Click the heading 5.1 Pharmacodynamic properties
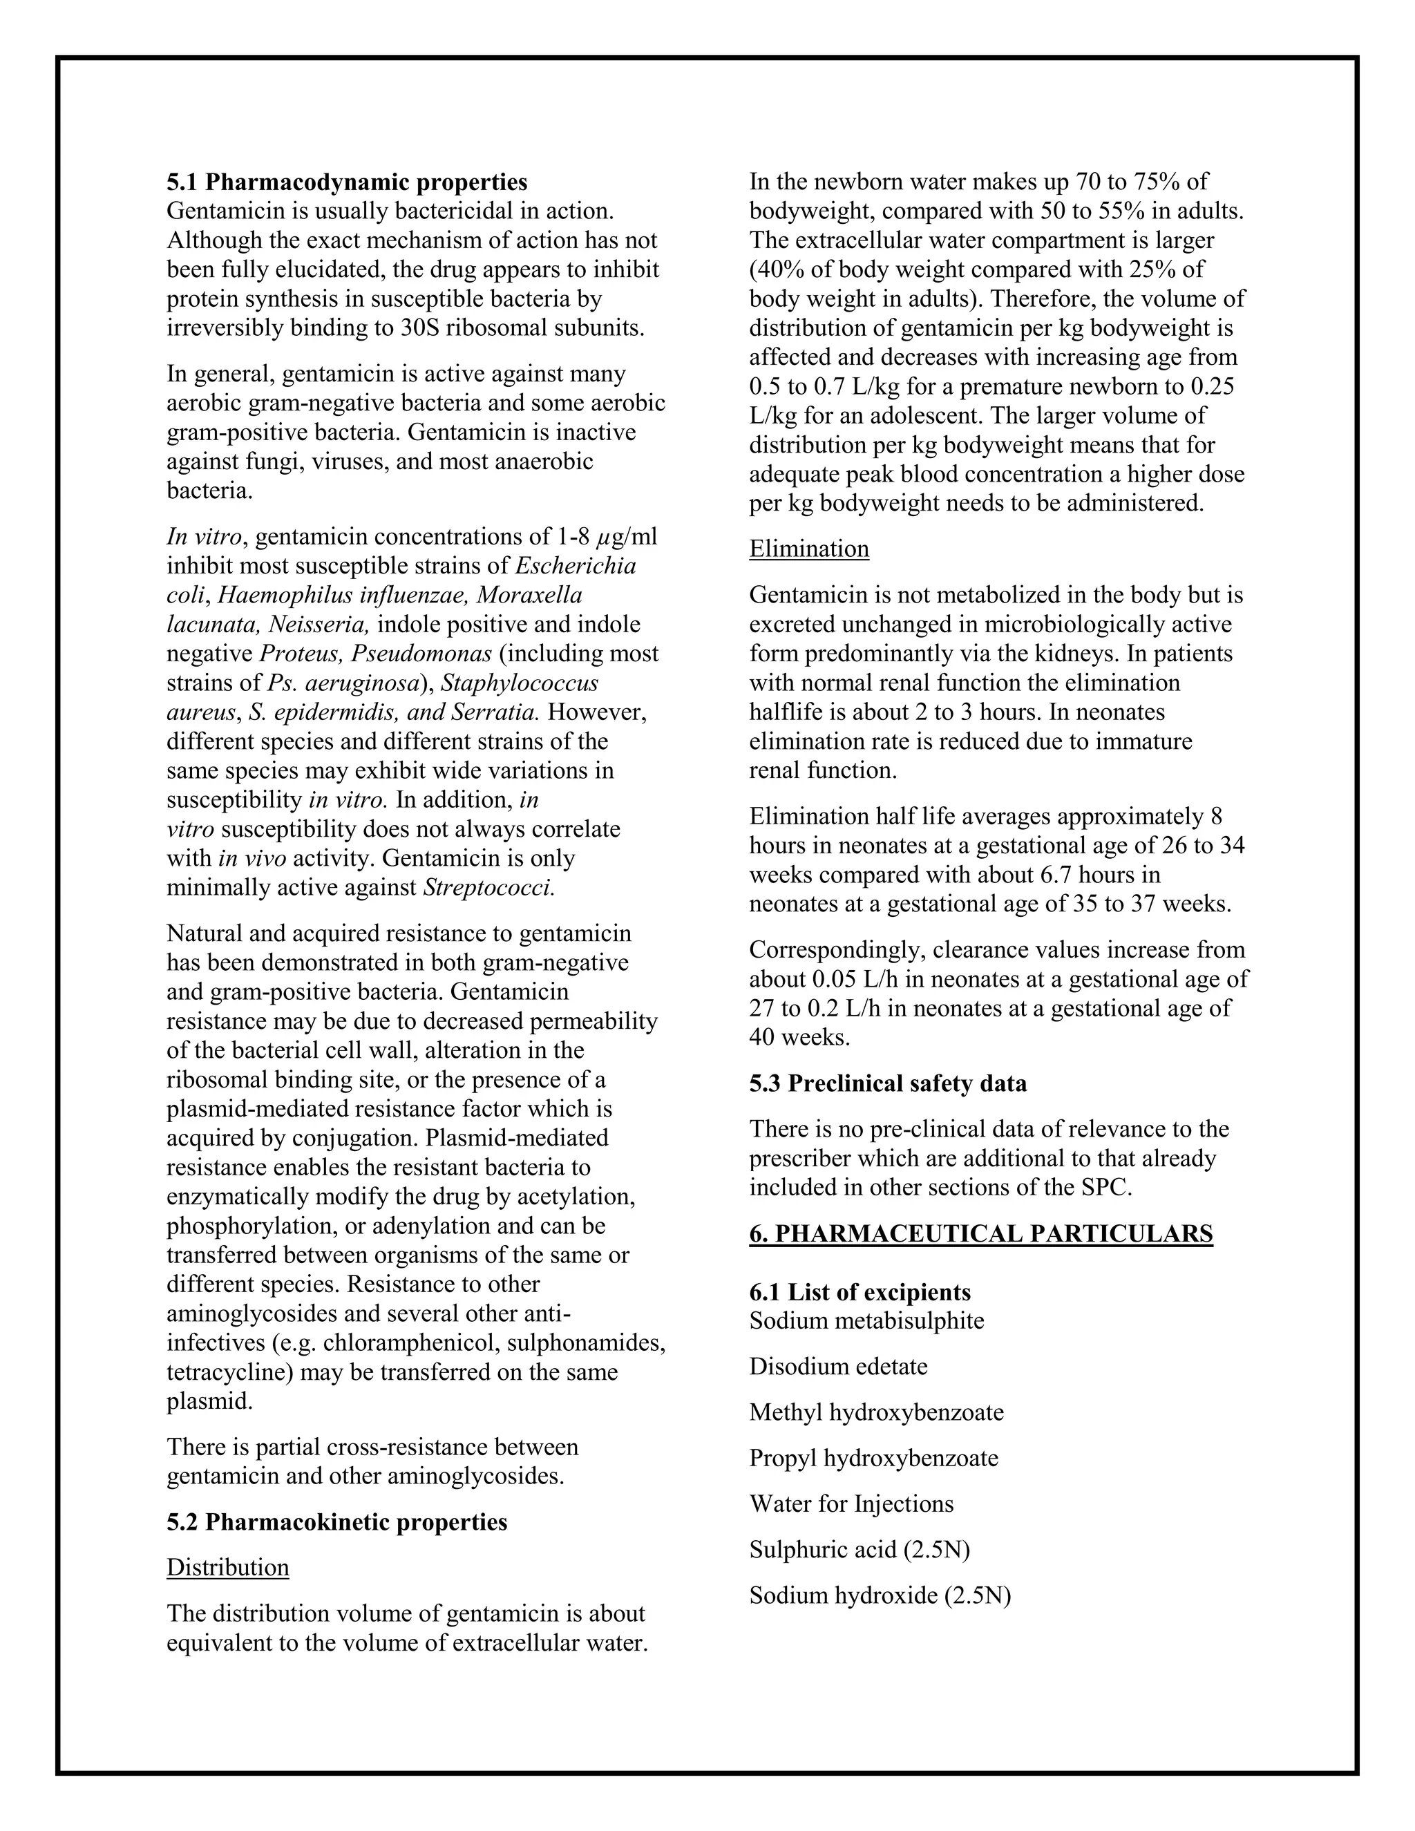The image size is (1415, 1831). point(347,182)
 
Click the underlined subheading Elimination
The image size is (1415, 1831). point(809,549)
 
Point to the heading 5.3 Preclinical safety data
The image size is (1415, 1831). point(888,1083)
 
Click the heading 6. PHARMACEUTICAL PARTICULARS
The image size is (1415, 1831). point(981,1233)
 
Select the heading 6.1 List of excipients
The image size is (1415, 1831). point(860,1292)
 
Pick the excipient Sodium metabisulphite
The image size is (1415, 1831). point(867,1320)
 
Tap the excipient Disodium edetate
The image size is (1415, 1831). point(838,1367)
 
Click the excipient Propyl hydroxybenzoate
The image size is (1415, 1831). point(873,1458)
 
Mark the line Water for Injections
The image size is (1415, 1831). point(851,1503)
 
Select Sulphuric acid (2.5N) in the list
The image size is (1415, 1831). point(860,1549)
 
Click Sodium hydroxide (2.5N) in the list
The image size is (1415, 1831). point(880,1595)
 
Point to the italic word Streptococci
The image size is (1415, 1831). point(488,887)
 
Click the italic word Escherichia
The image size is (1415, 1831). point(575,565)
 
